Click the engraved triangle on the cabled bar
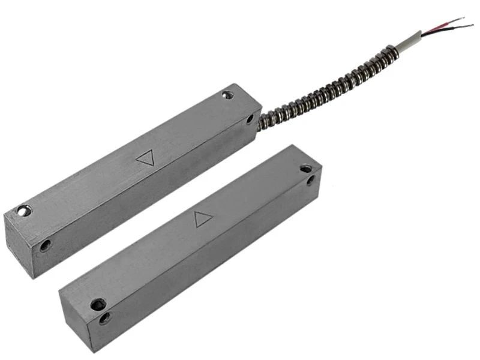(x=145, y=158)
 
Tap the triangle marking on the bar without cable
(x=203, y=219)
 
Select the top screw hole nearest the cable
(x=227, y=95)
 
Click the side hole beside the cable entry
(x=250, y=119)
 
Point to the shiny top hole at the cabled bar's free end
(x=23, y=211)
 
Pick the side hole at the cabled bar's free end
(x=45, y=245)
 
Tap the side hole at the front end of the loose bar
(x=105, y=318)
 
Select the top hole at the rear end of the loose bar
(x=306, y=169)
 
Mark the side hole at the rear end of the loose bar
(x=311, y=179)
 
